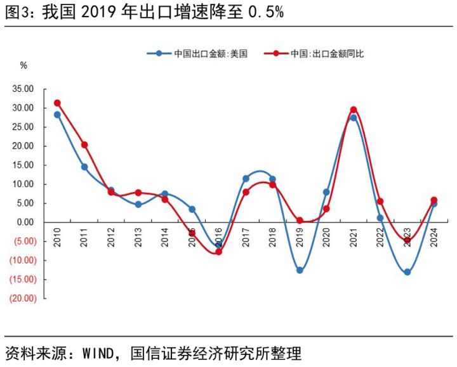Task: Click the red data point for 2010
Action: tap(57, 103)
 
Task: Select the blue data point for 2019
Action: tap(300, 270)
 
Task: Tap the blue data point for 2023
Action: tap(407, 272)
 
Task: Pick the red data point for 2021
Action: tap(354, 110)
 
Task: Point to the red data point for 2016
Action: tap(218, 252)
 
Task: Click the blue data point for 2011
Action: tap(84, 167)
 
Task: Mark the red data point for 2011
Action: tap(84, 145)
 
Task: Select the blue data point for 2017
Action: tap(246, 179)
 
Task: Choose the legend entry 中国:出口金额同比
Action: tap(327, 54)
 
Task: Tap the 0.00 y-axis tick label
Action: tap(25, 222)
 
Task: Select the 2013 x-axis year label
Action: tap(138, 236)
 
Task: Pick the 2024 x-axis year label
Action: tap(434, 236)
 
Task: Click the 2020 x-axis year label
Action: tap(326, 236)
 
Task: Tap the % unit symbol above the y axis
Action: tap(23, 65)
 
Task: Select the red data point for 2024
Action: tap(434, 200)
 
